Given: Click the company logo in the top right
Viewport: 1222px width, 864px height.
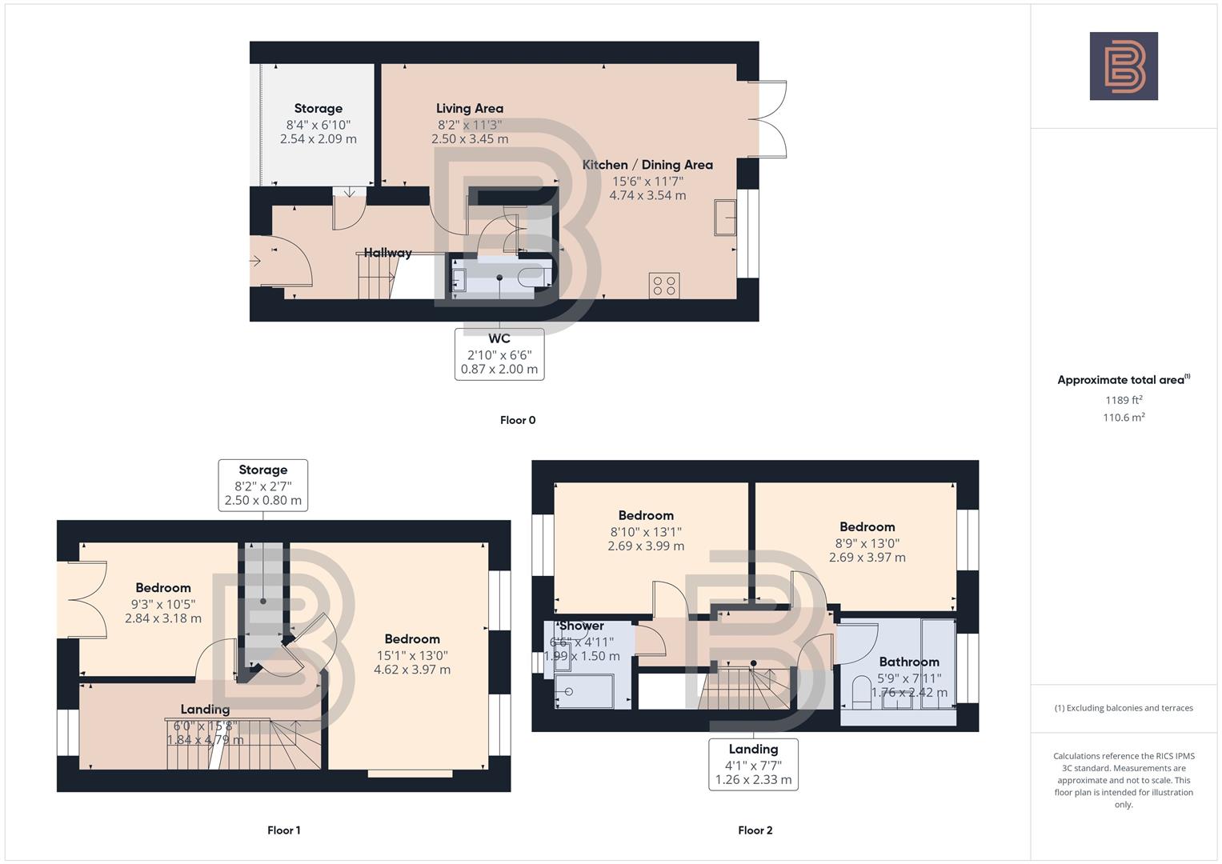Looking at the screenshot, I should point(1123,66).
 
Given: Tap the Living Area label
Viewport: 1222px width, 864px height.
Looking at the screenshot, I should point(470,109).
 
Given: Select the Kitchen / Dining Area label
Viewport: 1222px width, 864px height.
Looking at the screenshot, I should point(647,165).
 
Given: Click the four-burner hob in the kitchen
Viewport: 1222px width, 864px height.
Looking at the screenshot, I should point(664,285).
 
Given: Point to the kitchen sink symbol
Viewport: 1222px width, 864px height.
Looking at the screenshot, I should point(726,218).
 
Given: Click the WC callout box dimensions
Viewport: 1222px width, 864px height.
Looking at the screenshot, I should point(499,362).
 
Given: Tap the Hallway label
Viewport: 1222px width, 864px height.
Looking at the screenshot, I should point(387,253).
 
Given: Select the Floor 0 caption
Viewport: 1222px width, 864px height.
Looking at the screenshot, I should point(518,420).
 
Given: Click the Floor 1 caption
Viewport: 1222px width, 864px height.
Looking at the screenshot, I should point(283,830).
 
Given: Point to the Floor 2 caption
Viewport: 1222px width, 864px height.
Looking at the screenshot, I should point(755,830).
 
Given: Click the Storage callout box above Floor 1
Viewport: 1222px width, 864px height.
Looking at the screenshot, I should point(262,485).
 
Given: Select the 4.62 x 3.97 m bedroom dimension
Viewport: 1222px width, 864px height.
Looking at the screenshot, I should point(412,670).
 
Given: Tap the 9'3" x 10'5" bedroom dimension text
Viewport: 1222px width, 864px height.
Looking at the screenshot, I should point(163,604).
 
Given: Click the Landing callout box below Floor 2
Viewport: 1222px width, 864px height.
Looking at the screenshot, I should point(753,764).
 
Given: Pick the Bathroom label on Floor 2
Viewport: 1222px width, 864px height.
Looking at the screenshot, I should point(909,662).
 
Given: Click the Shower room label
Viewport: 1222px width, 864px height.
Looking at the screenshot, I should point(582,626).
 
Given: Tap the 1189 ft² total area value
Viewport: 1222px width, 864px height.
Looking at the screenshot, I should point(1124,400).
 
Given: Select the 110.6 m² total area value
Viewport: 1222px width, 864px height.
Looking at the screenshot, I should point(1124,417).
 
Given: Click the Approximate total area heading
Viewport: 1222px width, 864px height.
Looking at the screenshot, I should point(1123,380).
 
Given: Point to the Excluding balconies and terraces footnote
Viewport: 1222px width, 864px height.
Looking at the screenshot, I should point(1124,708).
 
